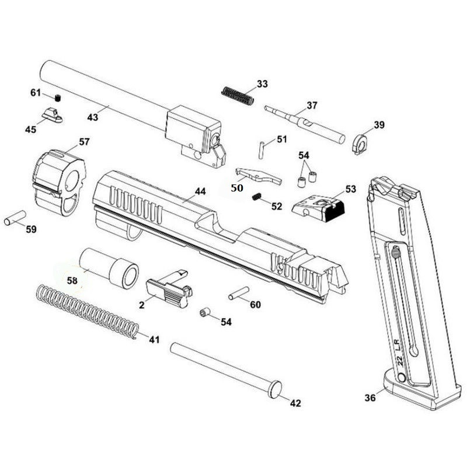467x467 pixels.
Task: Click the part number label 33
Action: click(x=262, y=84)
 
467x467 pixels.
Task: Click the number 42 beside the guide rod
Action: click(x=295, y=403)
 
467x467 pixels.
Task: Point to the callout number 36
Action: click(x=370, y=398)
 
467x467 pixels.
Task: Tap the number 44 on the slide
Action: click(x=200, y=191)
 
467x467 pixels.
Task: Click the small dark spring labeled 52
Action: click(x=256, y=198)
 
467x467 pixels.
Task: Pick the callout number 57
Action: click(x=84, y=142)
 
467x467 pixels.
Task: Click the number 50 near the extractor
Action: click(x=236, y=188)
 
